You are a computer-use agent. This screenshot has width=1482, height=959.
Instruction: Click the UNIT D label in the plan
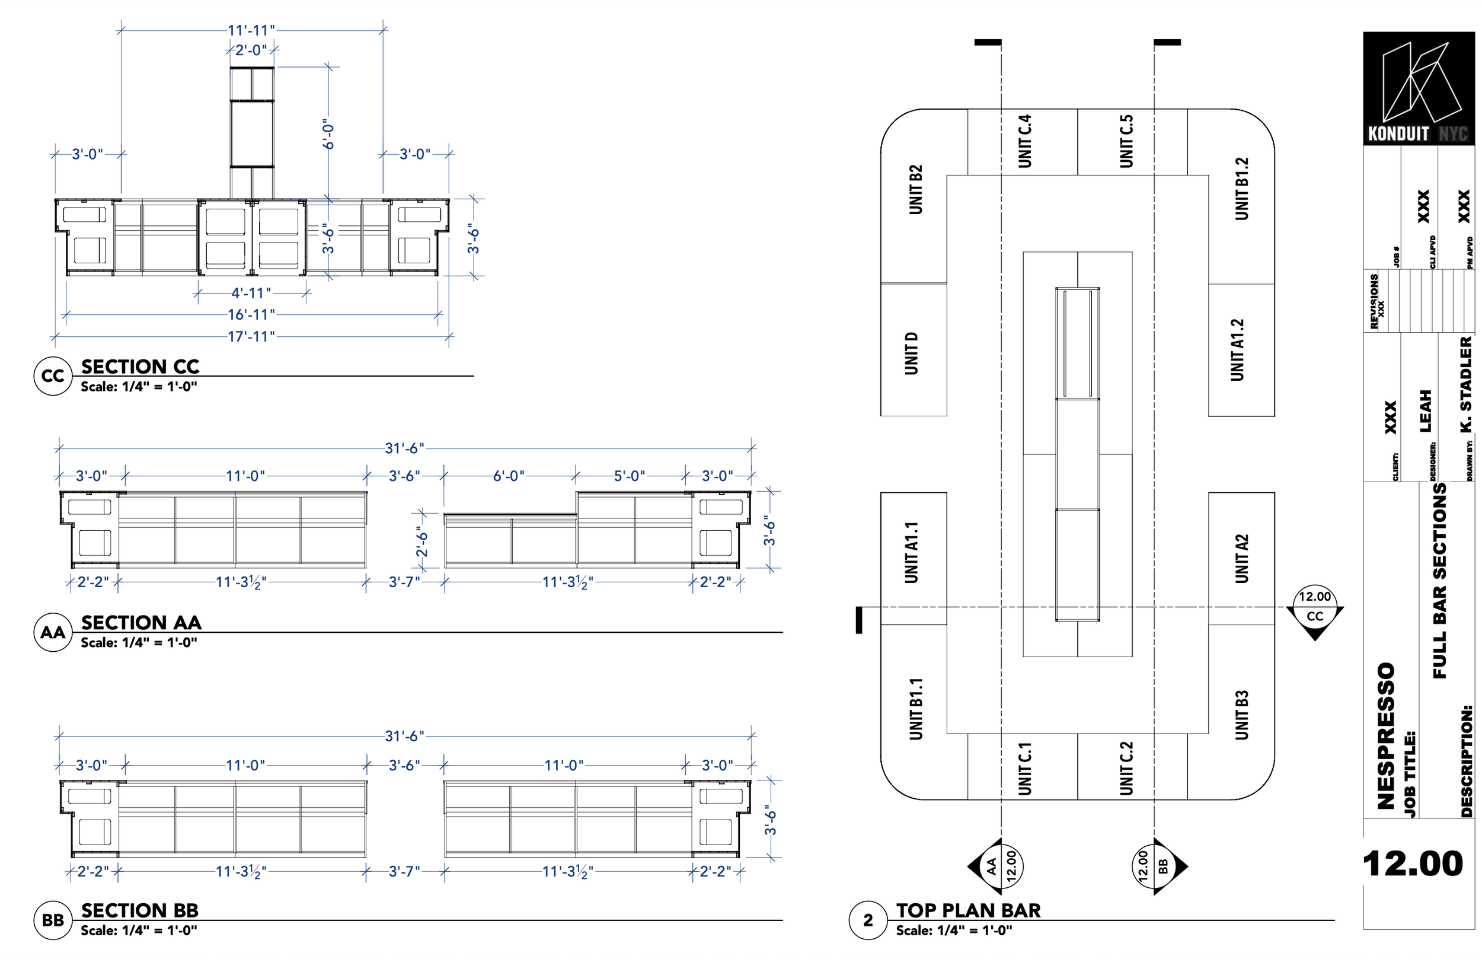click(x=911, y=353)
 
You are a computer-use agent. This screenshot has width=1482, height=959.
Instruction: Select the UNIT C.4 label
click(x=1024, y=141)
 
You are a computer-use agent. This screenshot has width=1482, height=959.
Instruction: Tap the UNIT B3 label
click(x=1241, y=714)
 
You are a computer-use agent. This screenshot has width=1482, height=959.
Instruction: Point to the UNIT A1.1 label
click(x=911, y=552)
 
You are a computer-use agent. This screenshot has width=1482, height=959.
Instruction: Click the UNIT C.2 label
click(x=1126, y=768)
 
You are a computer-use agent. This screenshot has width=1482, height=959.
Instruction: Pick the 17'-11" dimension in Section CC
click(x=251, y=336)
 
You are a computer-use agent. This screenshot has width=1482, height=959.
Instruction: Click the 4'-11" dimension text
click(x=251, y=293)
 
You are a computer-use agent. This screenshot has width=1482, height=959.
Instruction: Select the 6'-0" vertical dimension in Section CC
click(x=328, y=135)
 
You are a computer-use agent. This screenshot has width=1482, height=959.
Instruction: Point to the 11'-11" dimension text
click(x=251, y=30)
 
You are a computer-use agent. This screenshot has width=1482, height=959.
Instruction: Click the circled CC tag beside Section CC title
click(x=52, y=375)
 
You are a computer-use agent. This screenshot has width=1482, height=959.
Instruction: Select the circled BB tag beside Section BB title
click(x=52, y=919)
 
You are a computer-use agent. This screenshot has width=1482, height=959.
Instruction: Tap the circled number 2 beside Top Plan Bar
click(x=868, y=919)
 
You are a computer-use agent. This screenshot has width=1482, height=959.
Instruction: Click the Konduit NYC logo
click(x=1418, y=88)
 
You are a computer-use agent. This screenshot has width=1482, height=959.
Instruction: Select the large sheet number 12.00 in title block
click(x=1412, y=863)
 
